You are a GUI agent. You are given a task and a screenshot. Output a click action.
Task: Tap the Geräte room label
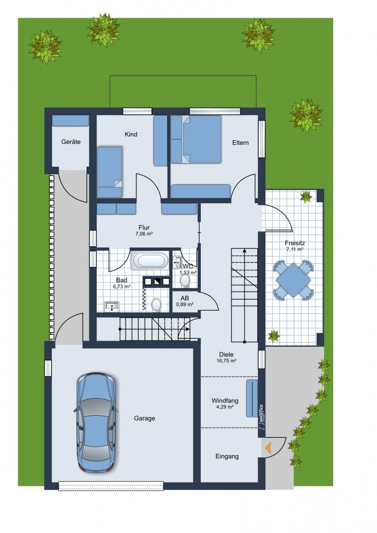[x=71, y=142]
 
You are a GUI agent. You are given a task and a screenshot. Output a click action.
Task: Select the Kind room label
[x=131, y=134]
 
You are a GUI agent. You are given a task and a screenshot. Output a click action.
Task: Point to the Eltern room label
[x=240, y=143]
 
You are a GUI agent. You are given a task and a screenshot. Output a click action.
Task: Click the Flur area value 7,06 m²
[x=144, y=234]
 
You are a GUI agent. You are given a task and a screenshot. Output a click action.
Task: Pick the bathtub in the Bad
[x=150, y=261]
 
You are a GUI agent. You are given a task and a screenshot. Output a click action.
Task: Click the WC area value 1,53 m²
[x=188, y=272]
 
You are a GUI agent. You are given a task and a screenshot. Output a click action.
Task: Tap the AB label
[x=185, y=298]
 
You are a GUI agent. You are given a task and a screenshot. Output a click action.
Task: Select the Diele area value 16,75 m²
[x=226, y=361]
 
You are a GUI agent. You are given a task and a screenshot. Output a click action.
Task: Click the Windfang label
[x=225, y=400]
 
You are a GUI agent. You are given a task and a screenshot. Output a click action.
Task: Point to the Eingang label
[x=227, y=457]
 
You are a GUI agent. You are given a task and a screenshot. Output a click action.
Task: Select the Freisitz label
[x=295, y=243]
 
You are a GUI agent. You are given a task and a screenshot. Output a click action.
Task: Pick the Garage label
[x=144, y=418]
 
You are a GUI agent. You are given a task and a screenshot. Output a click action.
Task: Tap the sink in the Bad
[x=112, y=306]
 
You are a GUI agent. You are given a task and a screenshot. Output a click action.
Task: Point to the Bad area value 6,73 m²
[x=122, y=287]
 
